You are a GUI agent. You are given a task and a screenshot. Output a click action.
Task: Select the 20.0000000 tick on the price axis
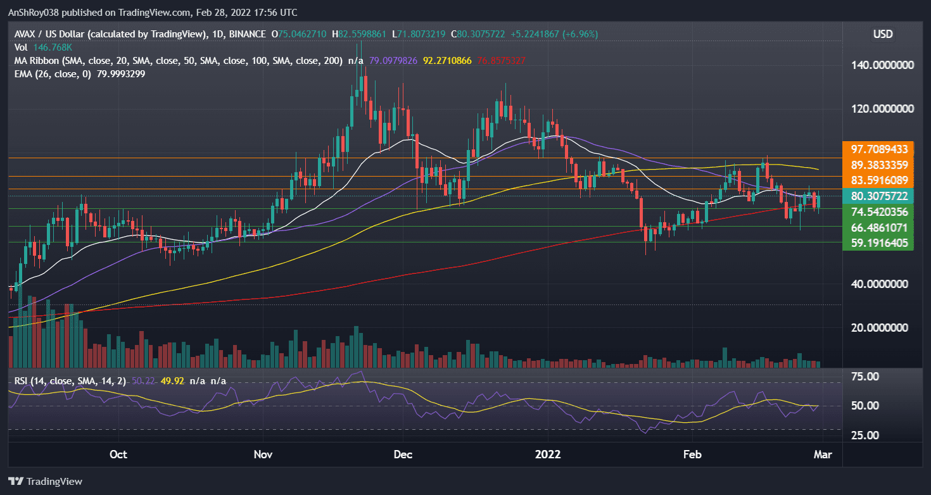(884, 327)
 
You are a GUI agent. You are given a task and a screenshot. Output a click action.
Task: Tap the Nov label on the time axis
(263, 454)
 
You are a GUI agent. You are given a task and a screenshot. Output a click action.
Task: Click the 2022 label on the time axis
(548, 454)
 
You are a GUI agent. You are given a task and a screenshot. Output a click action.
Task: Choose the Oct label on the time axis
(118, 454)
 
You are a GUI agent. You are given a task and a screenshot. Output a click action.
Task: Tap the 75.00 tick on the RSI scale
(864, 377)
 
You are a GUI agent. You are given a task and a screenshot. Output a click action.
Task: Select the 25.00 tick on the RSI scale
(864, 435)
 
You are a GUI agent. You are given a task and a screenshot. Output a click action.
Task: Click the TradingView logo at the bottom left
(45, 481)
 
